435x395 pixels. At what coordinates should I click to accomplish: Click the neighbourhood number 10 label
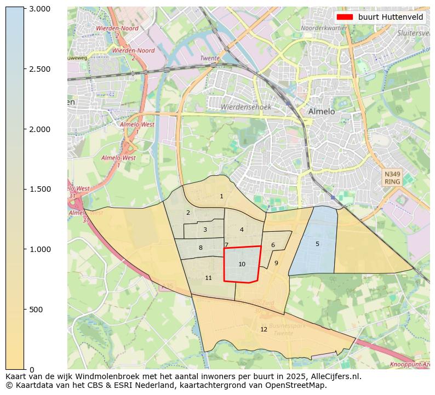pos(242,265)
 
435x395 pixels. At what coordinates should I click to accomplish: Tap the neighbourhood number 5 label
pos(317,244)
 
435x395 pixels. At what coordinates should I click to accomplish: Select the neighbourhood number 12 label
pos(264,329)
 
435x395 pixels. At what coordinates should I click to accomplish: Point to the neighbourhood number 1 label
pos(221,196)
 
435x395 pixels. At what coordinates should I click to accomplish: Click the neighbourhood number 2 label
pos(188,213)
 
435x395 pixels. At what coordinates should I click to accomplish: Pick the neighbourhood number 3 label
pos(205,230)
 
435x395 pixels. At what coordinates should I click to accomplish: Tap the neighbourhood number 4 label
pos(242,230)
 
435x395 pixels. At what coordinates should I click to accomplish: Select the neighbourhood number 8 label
pos(201,248)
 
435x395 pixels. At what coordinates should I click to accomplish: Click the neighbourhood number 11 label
pos(208,278)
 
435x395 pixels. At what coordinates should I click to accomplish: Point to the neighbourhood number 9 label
pos(276,263)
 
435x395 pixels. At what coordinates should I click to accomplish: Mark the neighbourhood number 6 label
pos(273,245)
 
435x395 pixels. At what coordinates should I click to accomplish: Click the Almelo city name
pos(321,111)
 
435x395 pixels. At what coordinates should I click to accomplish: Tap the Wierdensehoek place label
pos(245,107)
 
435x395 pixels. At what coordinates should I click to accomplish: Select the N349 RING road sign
pos(392,178)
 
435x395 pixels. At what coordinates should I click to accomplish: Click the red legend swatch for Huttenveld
pos(345,17)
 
